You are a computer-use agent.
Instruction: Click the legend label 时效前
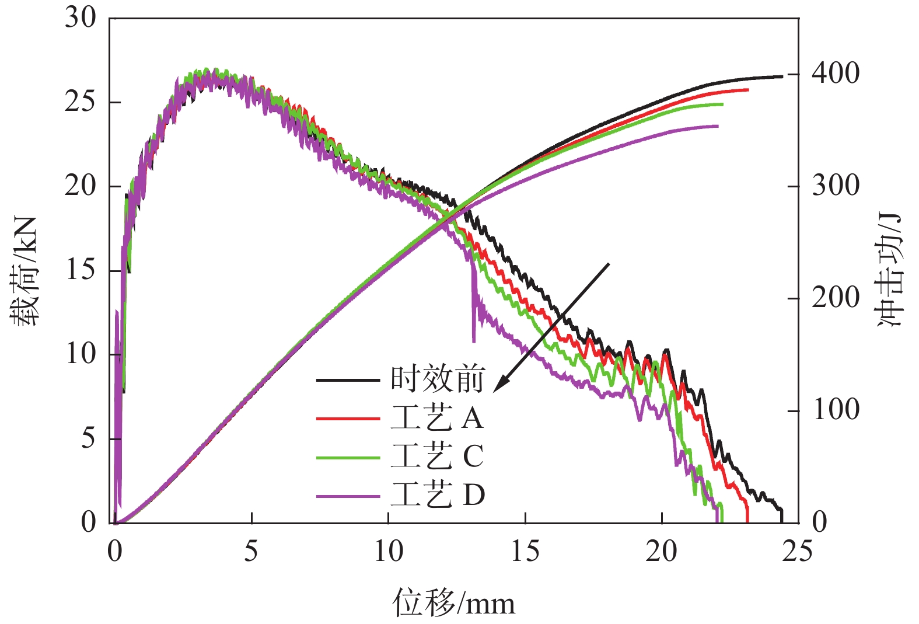pos(438,379)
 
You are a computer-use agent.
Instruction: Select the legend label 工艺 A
pos(438,418)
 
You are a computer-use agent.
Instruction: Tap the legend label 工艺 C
pos(438,456)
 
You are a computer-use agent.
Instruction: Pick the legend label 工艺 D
pos(438,495)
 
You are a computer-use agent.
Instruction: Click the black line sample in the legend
pos(348,381)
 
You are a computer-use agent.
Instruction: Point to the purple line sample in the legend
pos(348,496)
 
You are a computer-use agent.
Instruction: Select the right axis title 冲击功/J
pos(889,270)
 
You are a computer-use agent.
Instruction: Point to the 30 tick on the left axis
pos(80,18)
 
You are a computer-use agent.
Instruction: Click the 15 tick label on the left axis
pos(80,270)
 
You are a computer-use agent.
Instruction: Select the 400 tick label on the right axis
pos(836,74)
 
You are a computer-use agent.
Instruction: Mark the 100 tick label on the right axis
pos(836,410)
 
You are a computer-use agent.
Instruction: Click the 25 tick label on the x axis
pos(797,550)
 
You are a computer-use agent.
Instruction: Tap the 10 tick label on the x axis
pos(388,550)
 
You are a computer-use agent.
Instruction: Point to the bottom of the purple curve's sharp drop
pos(473,341)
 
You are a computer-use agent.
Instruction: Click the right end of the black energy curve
pos(782,76)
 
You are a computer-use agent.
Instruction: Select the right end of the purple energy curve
pos(718,126)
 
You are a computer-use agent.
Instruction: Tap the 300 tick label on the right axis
pos(836,186)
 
